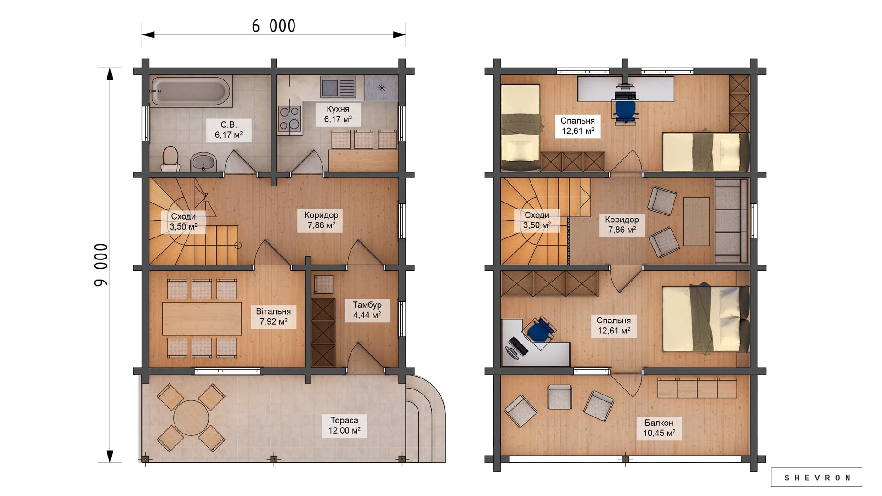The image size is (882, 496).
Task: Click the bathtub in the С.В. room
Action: tap(190, 91)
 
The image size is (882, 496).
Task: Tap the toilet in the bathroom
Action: tap(170, 158)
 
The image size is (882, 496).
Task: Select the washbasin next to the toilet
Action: tap(204, 162)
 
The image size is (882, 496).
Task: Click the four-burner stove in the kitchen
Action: tap(289, 118)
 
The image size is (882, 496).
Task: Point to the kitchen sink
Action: tap(338, 87)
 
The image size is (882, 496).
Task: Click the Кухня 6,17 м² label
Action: tap(338, 114)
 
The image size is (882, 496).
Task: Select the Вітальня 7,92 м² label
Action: tap(273, 316)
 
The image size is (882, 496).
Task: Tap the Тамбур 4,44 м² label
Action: tap(367, 310)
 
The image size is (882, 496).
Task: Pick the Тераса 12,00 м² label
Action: tap(344, 425)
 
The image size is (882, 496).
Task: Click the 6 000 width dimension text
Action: tap(274, 26)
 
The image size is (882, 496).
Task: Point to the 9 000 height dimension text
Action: tap(101, 265)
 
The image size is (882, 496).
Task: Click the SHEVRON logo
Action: tap(817, 478)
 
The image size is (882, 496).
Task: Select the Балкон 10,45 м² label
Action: tap(659, 428)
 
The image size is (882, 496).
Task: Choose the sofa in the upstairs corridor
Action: tap(731, 221)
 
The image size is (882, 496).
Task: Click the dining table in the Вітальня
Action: tap(202, 319)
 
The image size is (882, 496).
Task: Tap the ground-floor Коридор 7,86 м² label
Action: tap(322, 220)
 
